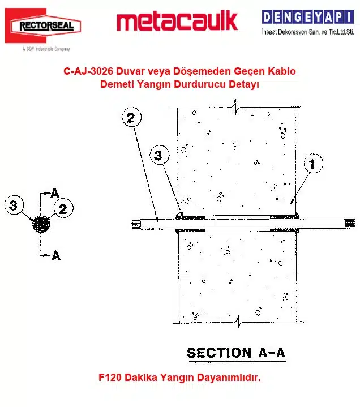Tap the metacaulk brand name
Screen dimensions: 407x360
pyautogui.click(x=177, y=22)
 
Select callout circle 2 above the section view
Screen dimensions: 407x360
pyautogui.click(x=131, y=118)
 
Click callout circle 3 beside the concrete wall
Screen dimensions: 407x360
pyautogui.click(x=159, y=155)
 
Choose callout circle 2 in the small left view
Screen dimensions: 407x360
pyautogui.click(x=63, y=209)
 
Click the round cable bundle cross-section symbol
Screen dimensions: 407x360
pyautogui.click(x=41, y=224)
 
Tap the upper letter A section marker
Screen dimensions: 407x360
pyautogui.click(x=55, y=194)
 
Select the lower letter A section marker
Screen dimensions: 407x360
pyautogui.click(x=55, y=255)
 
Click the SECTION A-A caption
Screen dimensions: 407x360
pyautogui.click(x=236, y=353)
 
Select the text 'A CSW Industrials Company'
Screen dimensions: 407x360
pyautogui.click(x=46, y=49)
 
